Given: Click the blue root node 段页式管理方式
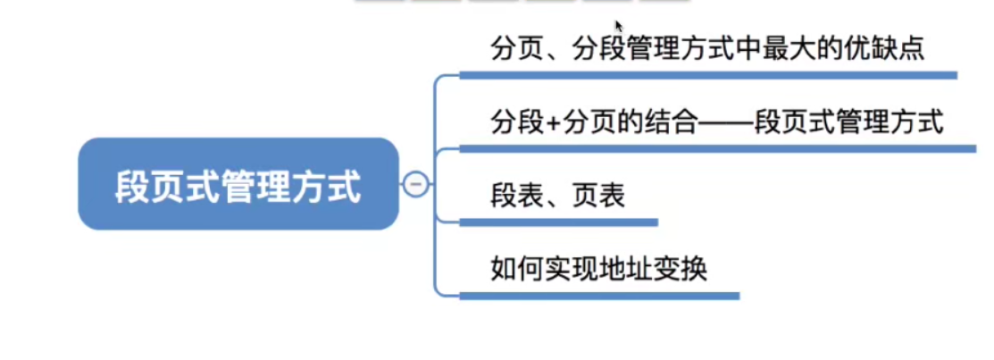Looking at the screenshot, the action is click(x=238, y=184).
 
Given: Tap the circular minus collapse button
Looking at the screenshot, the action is click(x=415, y=184).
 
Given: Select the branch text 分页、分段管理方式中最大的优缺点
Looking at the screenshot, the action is click(x=706, y=48).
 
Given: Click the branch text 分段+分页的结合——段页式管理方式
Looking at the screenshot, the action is click(x=716, y=121).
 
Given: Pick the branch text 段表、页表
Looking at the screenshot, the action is click(x=557, y=195).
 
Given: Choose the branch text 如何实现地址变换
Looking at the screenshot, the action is click(x=598, y=267).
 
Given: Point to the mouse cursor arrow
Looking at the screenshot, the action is click(x=618, y=25).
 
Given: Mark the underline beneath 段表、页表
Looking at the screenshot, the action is click(x=559, y=222).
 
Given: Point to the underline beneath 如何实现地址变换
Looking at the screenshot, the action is click(x=599, y=295).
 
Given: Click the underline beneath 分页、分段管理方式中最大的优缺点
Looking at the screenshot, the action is click(x=707, y=76).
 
